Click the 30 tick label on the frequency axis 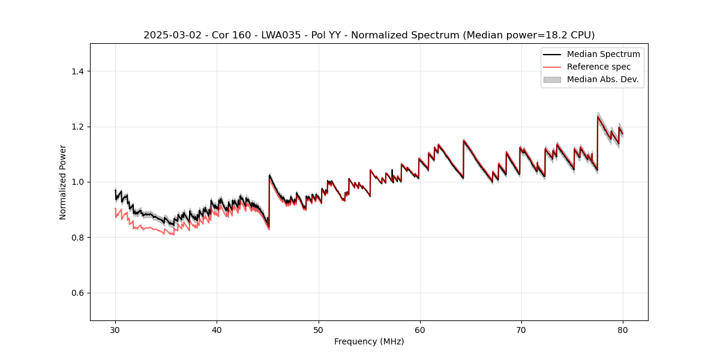coord(115,330)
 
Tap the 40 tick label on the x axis coord(217,330)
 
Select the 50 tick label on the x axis coord(319,330)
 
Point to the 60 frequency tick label coord(420,330)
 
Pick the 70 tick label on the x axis coord(521,330)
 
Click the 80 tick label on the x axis coord(623,330)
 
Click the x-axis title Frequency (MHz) coord(369,342)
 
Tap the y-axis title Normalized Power coord(62,182)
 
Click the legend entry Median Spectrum coord(603,54)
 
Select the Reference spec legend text coord(598,67)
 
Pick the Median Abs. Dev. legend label coord(602,79)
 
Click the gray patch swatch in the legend coord(552,79)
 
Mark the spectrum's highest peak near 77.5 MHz coord(598,116)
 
